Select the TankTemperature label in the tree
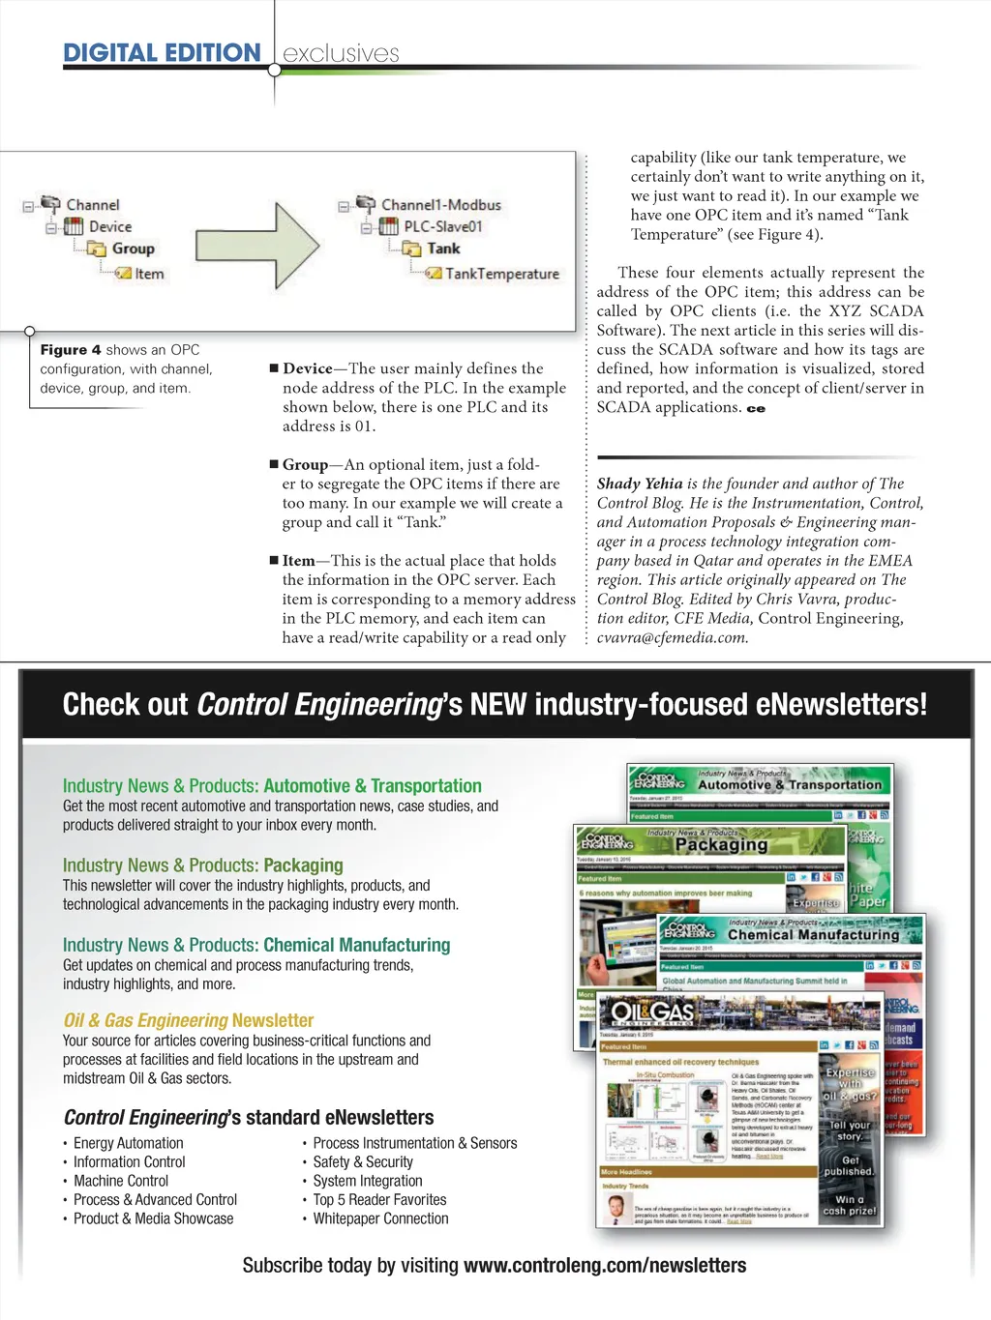tap(501, 274)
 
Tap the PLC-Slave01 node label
tap(442, 226)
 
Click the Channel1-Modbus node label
tap(440, 205)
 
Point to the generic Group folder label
tap(133, 249)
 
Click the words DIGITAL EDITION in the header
tap(162, 53)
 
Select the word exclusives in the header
tap(341, 54)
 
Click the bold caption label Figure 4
tap(71, 350)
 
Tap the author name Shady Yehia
tap(640, 484)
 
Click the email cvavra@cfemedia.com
tap(672, 637)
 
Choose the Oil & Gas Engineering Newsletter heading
tap(189, 1020)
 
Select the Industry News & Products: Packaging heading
tap(203, 865)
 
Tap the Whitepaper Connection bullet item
tap(380, 1218)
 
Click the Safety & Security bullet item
tap(363, 1161)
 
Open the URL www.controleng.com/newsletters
tap(605, 1265)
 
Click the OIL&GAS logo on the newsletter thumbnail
tap(652, 1012)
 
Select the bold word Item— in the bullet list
tap(298, 561)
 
